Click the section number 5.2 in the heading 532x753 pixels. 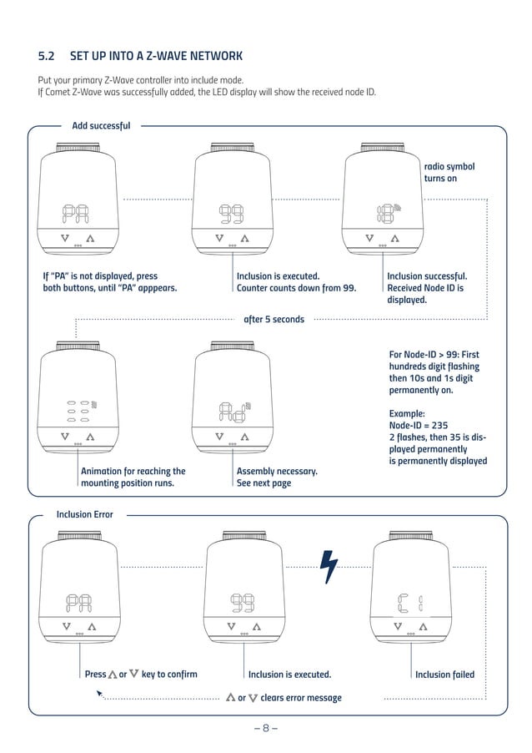point(46,57)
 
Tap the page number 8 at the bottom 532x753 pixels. point(265,727)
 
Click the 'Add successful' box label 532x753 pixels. point(101,126)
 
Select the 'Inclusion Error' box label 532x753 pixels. point(84,514)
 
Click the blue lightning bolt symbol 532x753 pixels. point(329,569)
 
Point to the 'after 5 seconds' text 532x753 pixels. point(274,319)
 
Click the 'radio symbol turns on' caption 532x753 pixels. point(449,173)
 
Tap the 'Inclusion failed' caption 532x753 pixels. point(444,675)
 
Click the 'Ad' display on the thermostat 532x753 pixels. point(230,411)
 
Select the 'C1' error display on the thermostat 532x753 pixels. point(409,603)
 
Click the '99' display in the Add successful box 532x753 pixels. point(231,216)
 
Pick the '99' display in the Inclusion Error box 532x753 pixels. point(243,603)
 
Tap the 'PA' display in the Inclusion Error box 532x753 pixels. point(79,603)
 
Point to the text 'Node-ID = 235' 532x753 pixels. point(418,425)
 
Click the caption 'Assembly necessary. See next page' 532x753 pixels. point(277,477)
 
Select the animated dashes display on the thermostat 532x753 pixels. point(78,411)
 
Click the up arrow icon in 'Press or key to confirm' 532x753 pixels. point(113,675)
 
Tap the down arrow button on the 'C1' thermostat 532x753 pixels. point(398,626)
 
